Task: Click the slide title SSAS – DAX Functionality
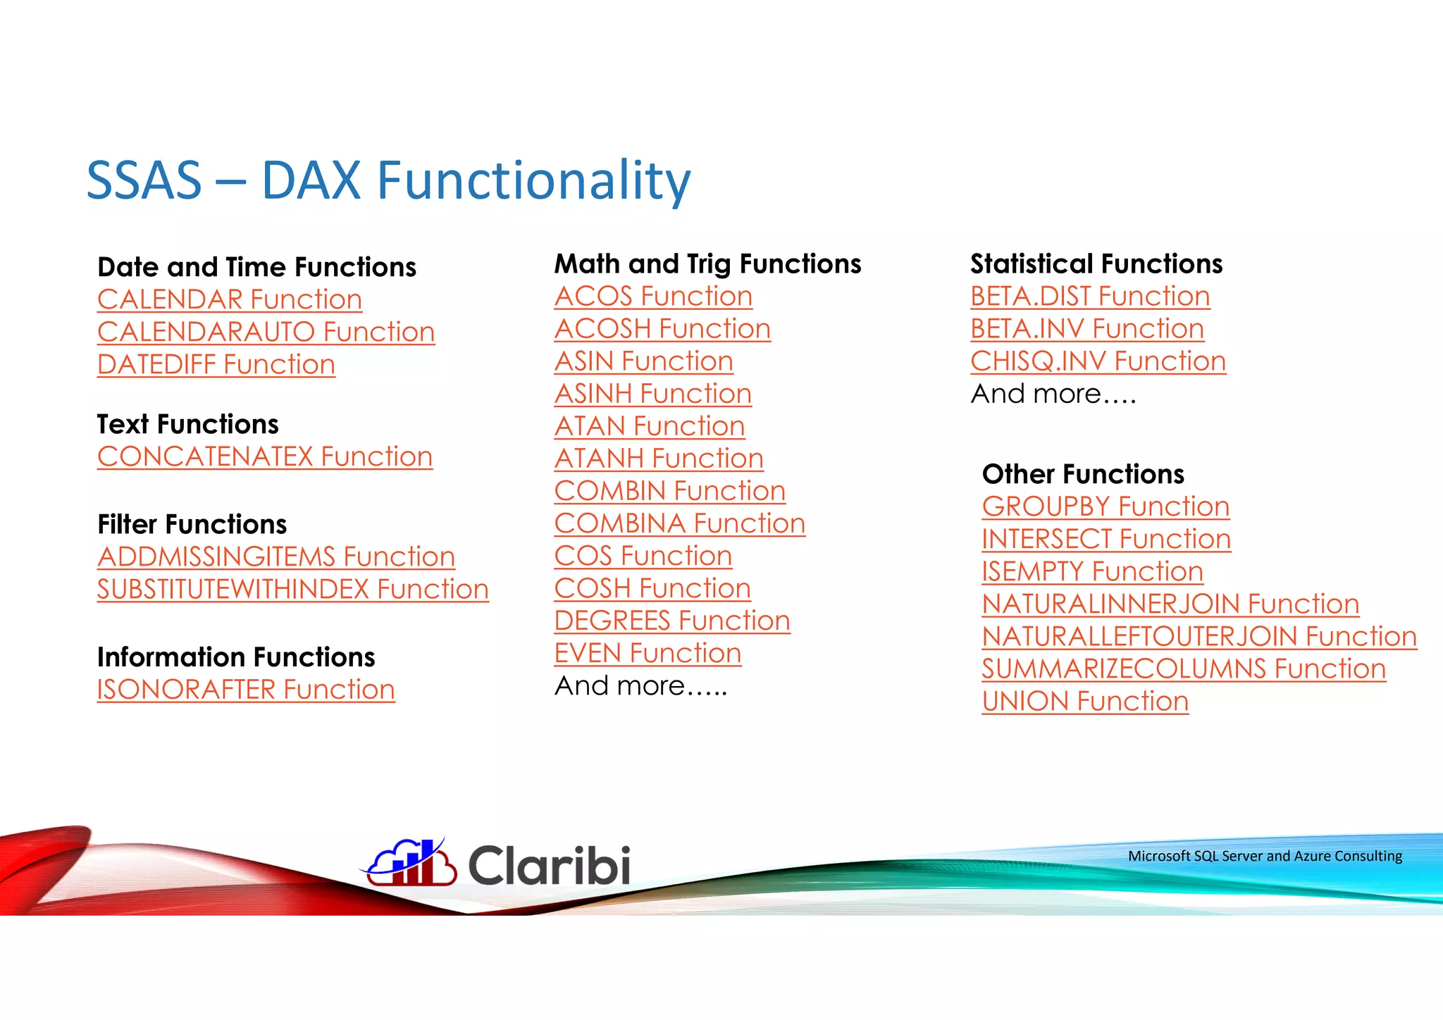tap(388, 180)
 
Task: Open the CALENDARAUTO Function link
tap(266, 332)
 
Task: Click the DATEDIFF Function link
tap(216, 364)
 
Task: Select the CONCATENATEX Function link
tap(264, 456)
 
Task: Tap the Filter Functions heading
tap(192, 524)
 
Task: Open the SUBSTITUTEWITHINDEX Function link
tap(292, 589)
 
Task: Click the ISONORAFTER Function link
tap(245, 689)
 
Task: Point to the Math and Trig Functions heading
tap(707, 263)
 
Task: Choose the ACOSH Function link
tap(662, 329)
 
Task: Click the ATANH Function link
tap(658, 459)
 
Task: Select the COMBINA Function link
tap(679, 523)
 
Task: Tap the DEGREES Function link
tap(671, 621)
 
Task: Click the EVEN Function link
tap(647, 653)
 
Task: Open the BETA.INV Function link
tap(1086, 329)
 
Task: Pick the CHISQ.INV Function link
tap(1097, 361)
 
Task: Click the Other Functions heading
tap(1082, 474)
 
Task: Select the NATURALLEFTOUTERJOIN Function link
tap(1199, 636)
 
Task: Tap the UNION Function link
tap(1084, 701)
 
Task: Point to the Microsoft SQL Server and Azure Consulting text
tap(1264, 856)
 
